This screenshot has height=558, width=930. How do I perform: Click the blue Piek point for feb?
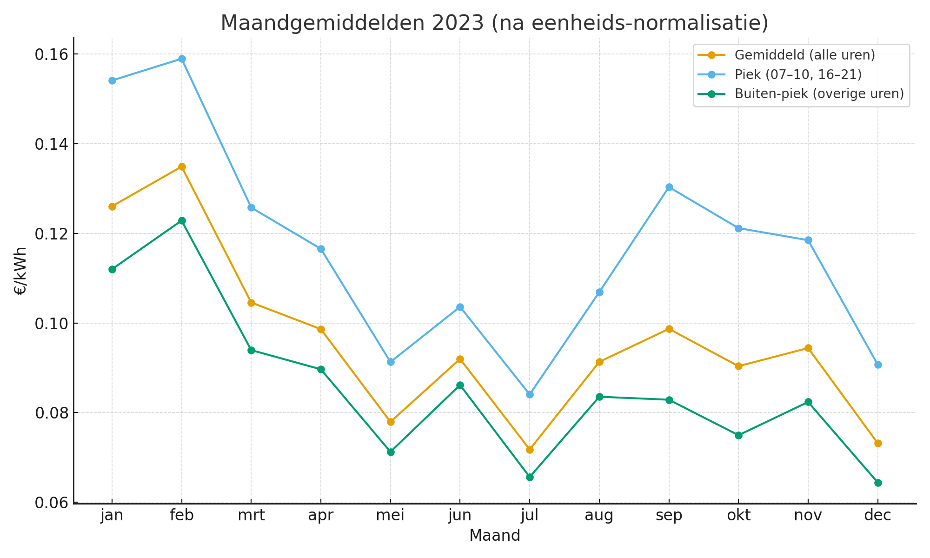[182, 59]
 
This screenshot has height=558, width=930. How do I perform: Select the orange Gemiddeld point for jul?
[530, 450]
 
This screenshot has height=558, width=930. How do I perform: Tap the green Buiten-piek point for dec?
[878, 483]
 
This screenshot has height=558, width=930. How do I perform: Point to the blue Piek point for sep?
[669, 187]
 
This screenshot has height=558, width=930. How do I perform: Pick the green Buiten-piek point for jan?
[112, 269]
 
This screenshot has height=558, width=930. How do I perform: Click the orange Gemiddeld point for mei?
[391, 422]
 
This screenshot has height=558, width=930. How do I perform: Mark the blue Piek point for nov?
[808, 240]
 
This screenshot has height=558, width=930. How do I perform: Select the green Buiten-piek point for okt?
[738, 435]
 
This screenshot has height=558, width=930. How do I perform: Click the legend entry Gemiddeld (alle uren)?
[804, 55]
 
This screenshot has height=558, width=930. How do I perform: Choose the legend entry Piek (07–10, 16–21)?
[798, 74]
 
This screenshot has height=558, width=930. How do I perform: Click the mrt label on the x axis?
[251, 516]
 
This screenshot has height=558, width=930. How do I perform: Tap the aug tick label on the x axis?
[599, 516]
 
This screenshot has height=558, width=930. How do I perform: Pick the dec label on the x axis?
[878, 516]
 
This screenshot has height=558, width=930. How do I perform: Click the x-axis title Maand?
[494, 536]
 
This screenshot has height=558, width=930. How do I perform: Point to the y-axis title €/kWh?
[21, 271]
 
